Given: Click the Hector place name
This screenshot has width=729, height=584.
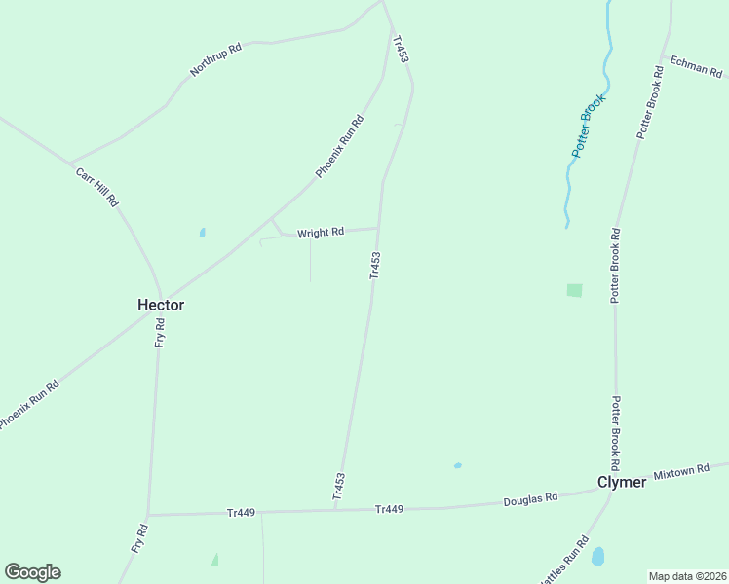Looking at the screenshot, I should [x=161, y=305].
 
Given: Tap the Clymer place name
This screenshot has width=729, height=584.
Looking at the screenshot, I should [x=621, y=483].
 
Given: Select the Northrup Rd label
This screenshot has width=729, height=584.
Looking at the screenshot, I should [x=215, y=60].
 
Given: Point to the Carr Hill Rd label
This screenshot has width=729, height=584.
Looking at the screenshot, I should [x=96, y=186].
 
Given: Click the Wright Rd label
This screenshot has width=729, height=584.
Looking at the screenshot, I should [x=321, y=233].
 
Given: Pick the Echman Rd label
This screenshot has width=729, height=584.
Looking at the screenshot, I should [x=696, y=66].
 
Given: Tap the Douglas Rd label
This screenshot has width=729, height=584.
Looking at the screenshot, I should [x=530, y=498].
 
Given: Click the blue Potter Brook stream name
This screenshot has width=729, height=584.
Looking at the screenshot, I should [x=589, y=126].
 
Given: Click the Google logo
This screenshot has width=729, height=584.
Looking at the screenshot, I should [x=32, y=572].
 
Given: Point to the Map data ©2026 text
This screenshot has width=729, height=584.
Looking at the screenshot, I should [x=686, y=576].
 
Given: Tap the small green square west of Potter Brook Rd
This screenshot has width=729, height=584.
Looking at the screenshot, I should [x=574, y=290].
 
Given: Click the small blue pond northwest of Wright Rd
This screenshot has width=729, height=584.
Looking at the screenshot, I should [x=202, y=233].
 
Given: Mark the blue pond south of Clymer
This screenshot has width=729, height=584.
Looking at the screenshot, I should [x=597, y=556].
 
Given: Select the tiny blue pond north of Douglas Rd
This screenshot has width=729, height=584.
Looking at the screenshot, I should [x=457, y=465].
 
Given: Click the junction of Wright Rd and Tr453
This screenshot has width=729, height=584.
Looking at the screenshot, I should [x=377, y=229].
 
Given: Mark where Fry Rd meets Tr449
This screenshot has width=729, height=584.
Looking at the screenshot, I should [x=148, y=514].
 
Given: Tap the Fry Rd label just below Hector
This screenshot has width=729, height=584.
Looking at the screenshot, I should [x=160, y=335].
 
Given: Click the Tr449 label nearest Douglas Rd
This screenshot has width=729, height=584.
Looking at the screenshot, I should [x=389, y=509].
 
